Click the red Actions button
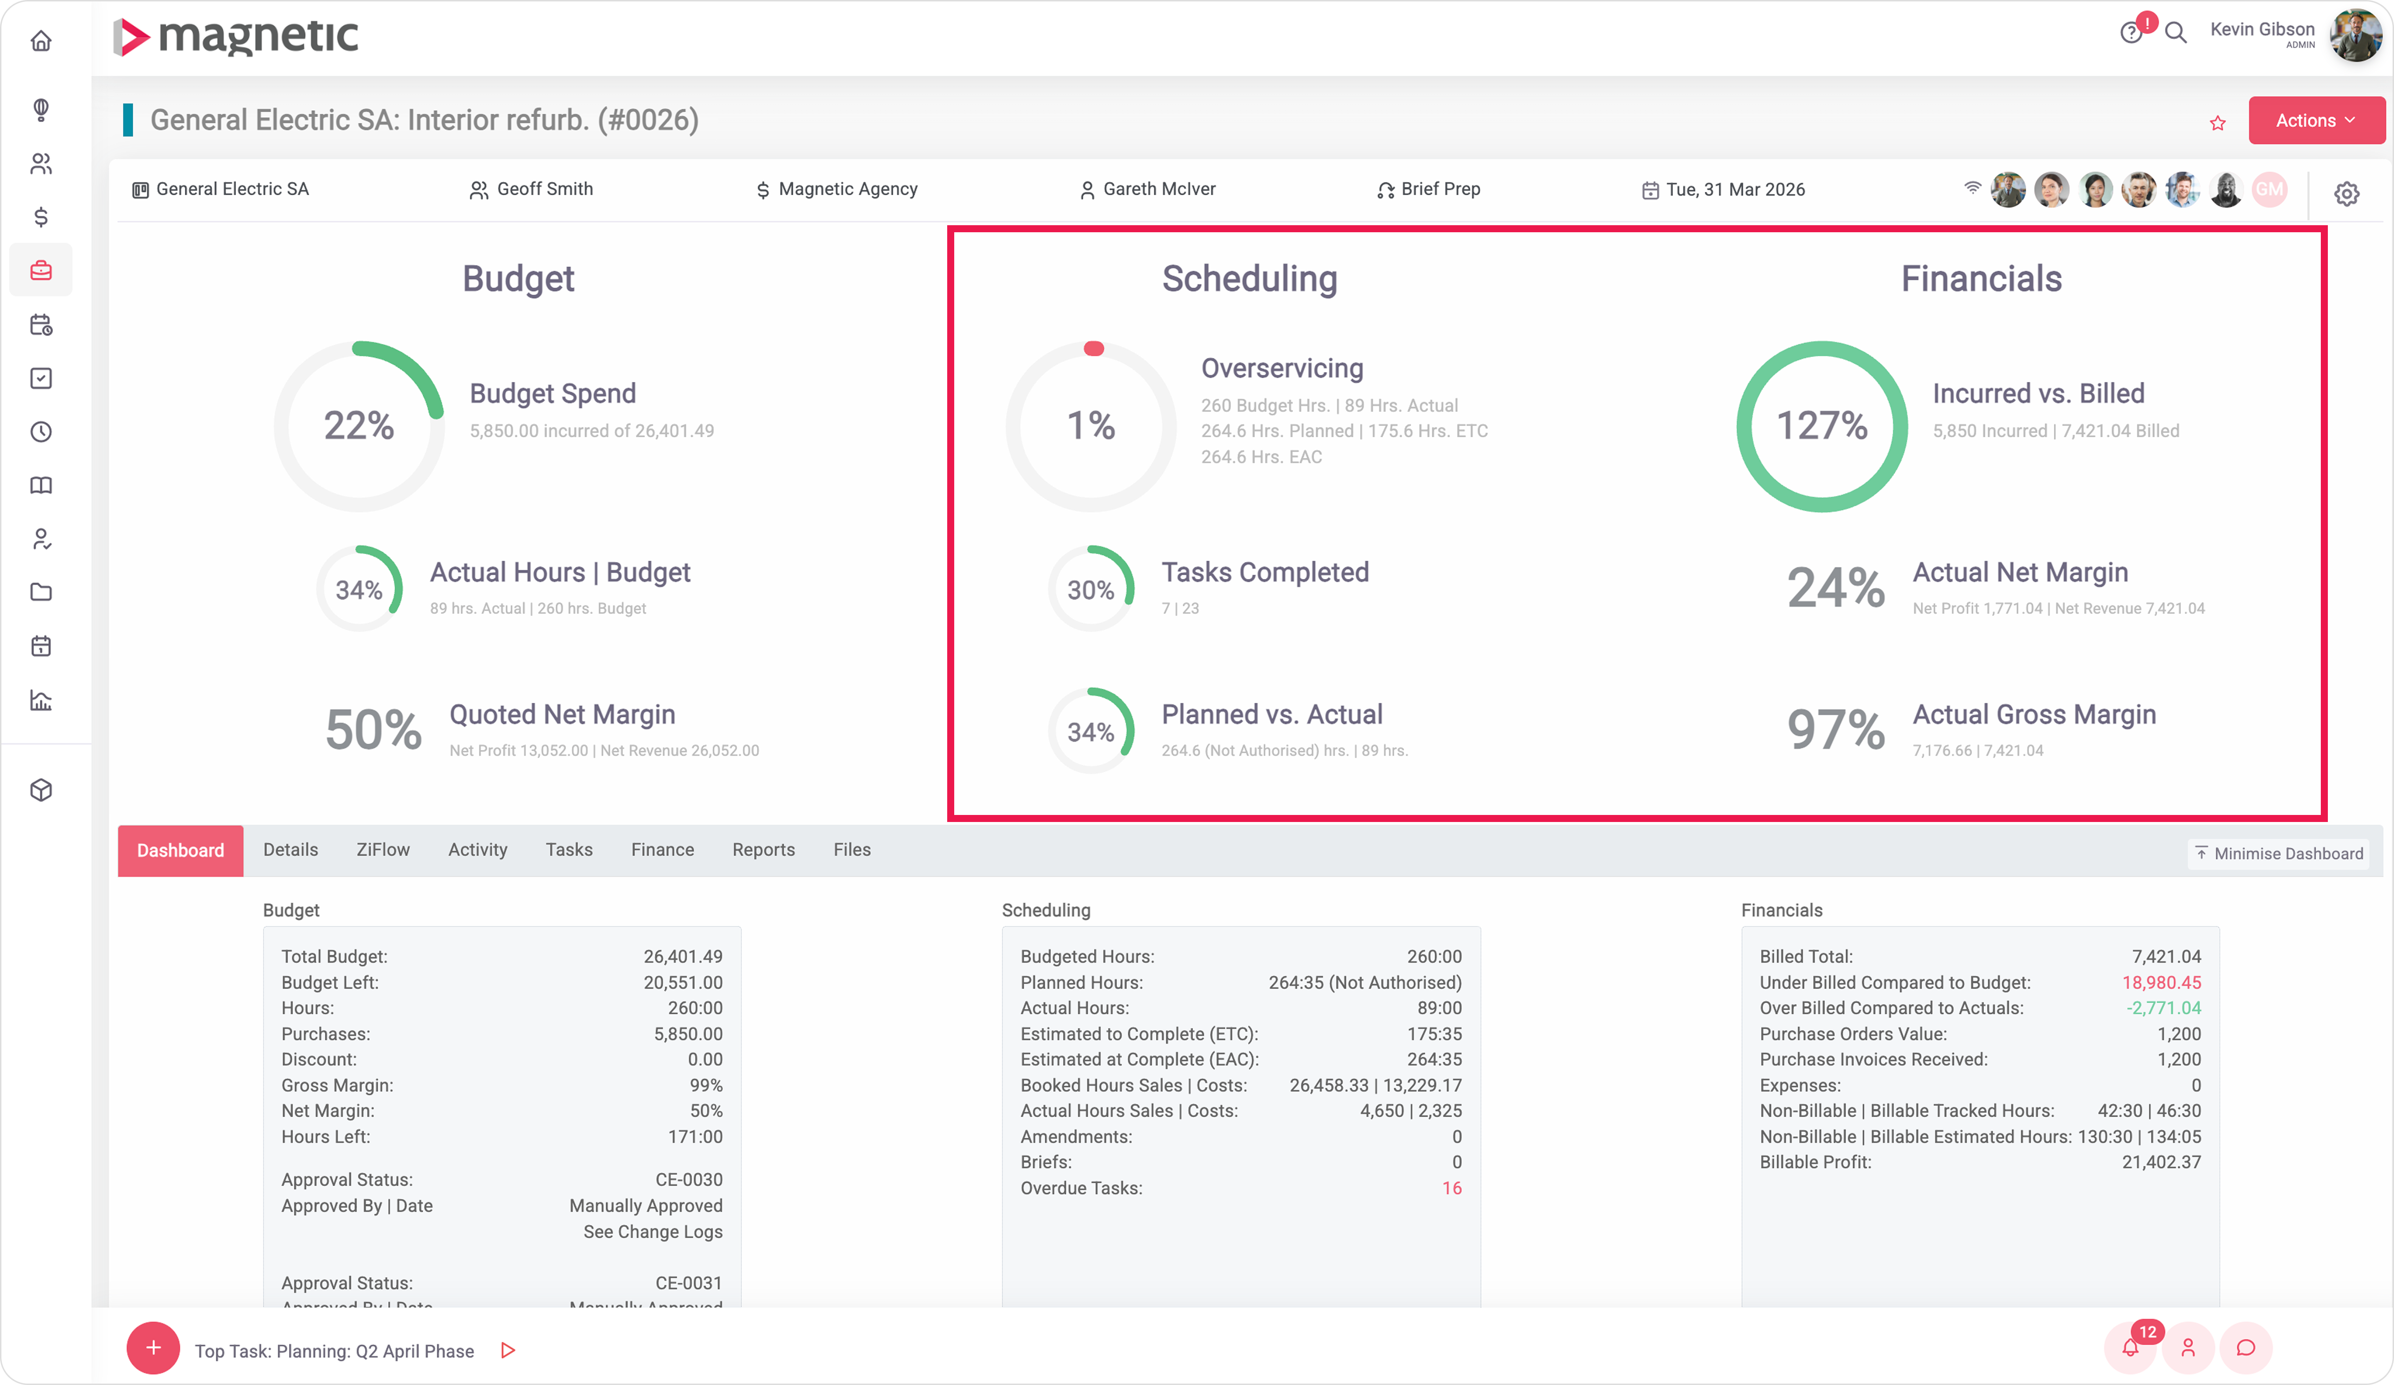(2314, 121)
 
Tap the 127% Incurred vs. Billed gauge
(1821, 426)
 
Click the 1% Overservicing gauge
(1091, 426)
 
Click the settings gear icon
(2347, 194)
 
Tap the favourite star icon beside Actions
(2217, 122)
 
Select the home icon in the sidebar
(41, 41)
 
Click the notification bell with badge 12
(2130, 1348)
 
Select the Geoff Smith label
(544, 189)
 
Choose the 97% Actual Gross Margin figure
(1835, 730)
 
